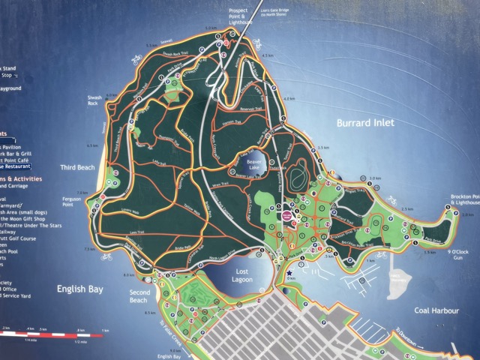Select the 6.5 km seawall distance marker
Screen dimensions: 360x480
tap(93, 145)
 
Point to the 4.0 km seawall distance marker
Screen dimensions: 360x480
tap(289, 99)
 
